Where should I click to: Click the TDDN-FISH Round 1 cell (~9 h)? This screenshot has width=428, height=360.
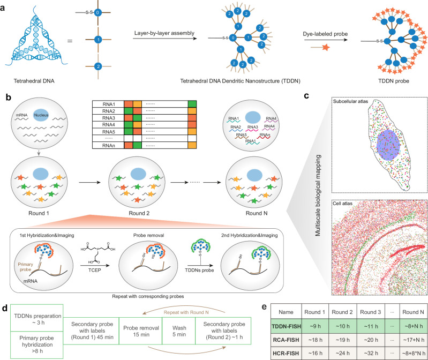tap(315, 326)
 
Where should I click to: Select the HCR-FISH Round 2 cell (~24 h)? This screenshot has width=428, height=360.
tap(343, 353)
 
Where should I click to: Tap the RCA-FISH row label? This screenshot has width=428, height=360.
tap(286, 340)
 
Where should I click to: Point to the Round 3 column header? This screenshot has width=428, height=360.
tap(370, 312)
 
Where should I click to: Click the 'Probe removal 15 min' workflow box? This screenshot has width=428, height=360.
tap(141, 331)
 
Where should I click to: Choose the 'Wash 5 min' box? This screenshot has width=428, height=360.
tap(179, 331)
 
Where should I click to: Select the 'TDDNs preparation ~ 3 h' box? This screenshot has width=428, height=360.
tap(37, 318)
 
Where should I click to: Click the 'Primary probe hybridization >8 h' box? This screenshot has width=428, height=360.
tap(37, 344)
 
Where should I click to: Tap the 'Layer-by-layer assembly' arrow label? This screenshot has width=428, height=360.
tap(164, 33)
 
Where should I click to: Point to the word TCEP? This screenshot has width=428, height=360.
tap(95, 270)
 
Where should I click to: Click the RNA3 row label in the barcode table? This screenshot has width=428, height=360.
tap(108, 118)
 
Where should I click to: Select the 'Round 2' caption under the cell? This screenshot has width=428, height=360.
tap(139, 213)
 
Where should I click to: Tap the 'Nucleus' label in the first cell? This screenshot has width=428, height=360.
tap(41, 115)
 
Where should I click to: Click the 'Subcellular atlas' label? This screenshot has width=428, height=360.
tap(350, 102)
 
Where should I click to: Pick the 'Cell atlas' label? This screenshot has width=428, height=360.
tap(343, 204)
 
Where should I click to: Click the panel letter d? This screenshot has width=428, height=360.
tap(4, 308)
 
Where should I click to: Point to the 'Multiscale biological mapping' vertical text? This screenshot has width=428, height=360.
tap(318, 196)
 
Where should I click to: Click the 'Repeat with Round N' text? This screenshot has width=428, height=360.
tap(186, 312)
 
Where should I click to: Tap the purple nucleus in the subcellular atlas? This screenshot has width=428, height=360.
tap(388, 145)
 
